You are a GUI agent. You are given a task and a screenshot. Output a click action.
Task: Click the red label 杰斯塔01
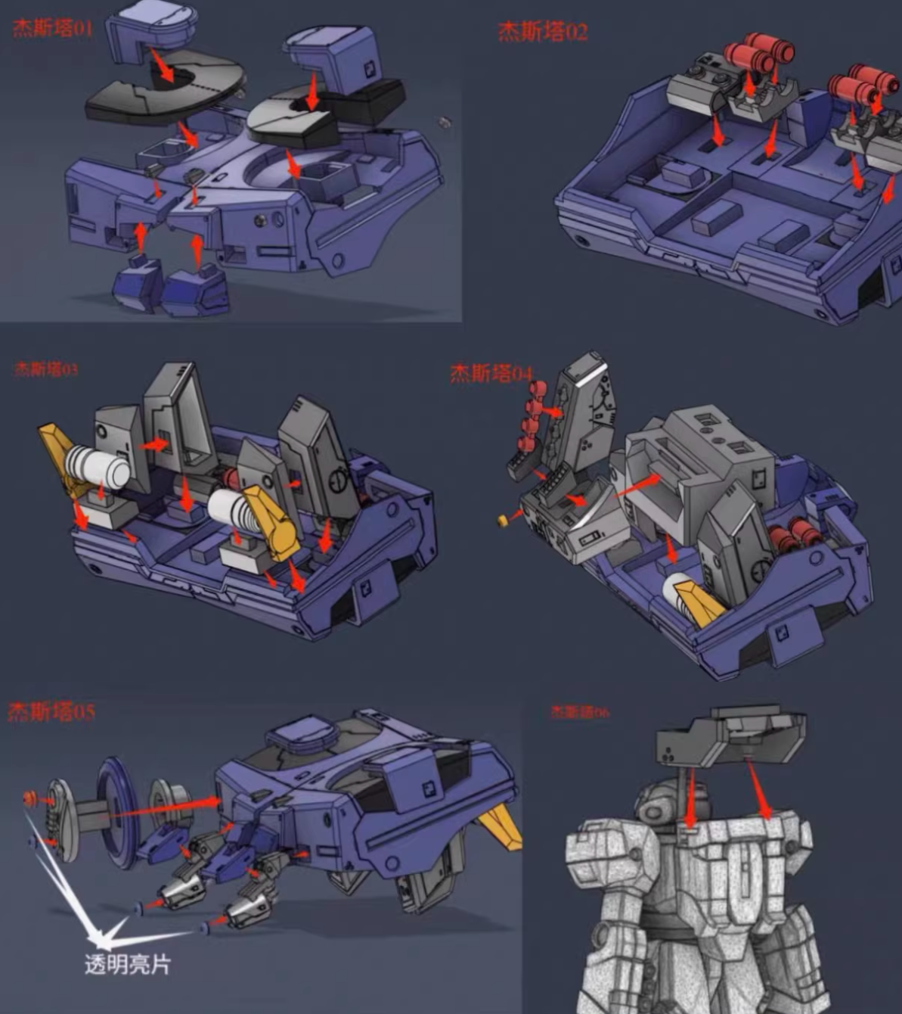52,29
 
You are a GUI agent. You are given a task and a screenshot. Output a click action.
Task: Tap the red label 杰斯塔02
542,32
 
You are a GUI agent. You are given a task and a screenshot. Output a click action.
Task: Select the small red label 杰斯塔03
45,369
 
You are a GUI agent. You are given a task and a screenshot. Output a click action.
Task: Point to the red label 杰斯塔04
491,374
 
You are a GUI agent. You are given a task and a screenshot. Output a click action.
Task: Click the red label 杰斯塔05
51,712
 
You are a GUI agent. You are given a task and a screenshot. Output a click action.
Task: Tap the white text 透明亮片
127,965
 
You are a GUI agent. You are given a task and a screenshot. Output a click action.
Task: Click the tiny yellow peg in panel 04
502,521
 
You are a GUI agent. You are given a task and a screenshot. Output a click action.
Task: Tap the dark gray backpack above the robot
729,737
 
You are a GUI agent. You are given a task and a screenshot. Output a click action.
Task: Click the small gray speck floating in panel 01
445,121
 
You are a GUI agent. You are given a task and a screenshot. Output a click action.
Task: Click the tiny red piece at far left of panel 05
30,798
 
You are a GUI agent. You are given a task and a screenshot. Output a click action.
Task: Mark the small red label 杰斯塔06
578,712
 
